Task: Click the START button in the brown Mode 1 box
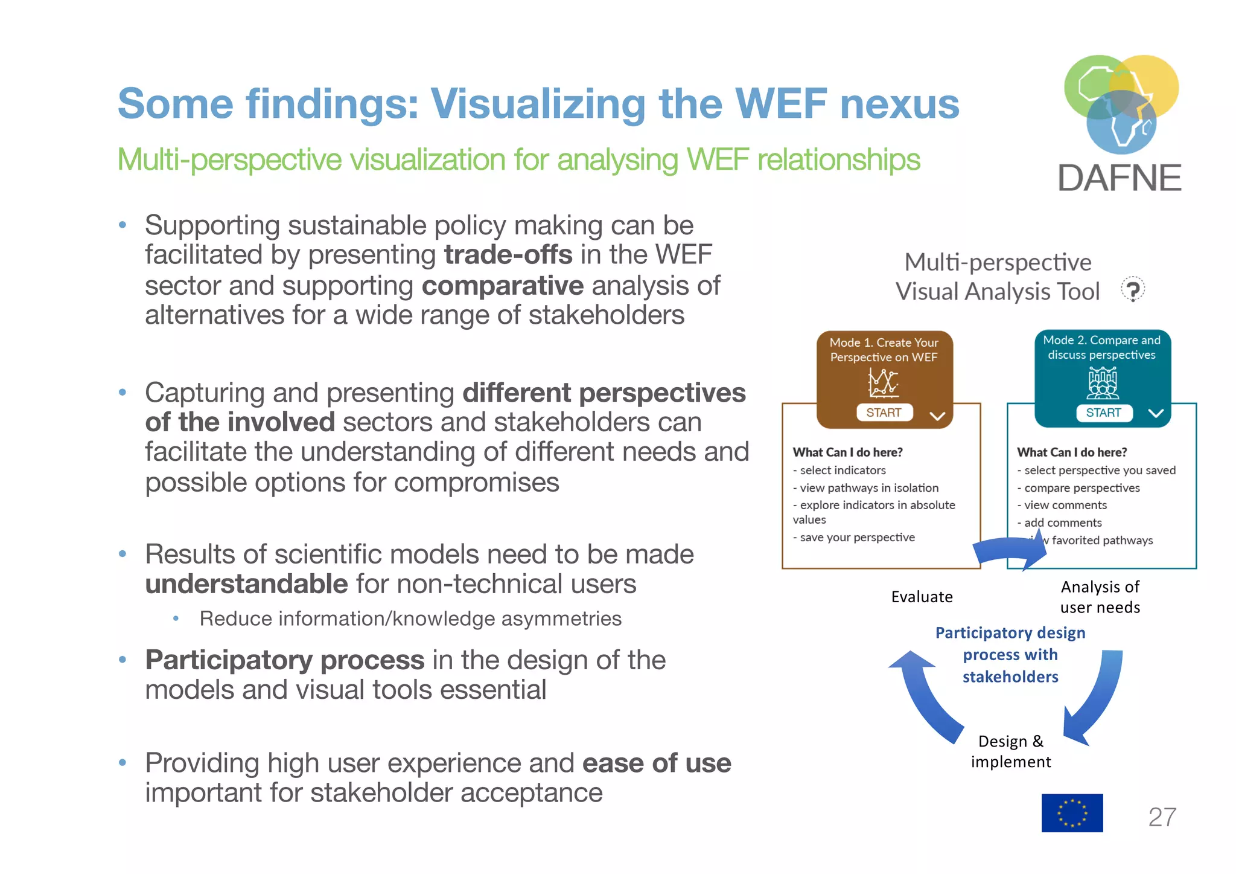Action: point(884,413)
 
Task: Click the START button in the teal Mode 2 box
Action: point(1103,413)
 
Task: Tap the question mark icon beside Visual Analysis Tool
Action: point(1133,290)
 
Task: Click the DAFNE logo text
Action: point(1120,178)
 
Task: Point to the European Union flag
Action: point(1072,813)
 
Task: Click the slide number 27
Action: point(1162,817)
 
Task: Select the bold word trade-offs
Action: point(508,255)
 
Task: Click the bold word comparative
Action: point(503,286)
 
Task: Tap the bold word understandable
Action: point(246,584)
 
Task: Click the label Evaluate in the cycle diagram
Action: point(922,597)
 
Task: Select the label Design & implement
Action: point(1011,751)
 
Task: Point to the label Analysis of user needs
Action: point(1100,597)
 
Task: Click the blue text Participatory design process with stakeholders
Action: point(1010,655)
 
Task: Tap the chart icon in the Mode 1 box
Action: point(883,382)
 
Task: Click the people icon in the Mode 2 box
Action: point(1103,384)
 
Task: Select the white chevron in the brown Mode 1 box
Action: point(937,416)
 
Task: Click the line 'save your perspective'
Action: point(857,538)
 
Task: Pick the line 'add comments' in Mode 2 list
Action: point(1063,522)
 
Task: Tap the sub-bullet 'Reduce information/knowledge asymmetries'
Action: point(410,619)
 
